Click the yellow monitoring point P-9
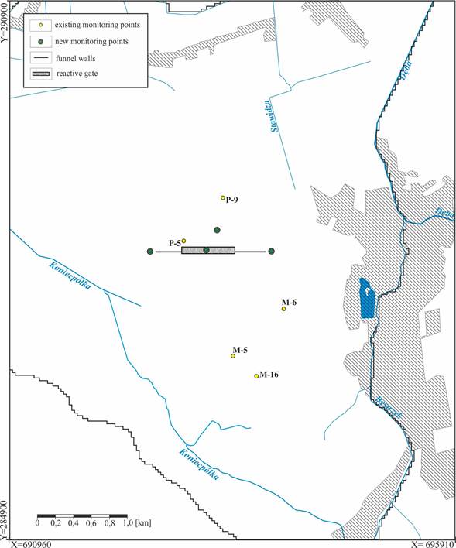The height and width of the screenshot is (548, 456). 223,198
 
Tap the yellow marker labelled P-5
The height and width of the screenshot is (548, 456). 183,241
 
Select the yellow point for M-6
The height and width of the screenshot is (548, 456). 283,309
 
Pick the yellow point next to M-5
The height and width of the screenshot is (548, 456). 233,356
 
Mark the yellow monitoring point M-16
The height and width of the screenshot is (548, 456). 256,376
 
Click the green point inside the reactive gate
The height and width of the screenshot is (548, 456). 206,250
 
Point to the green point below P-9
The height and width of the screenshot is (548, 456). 218,230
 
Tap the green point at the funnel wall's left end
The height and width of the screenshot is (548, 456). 150,251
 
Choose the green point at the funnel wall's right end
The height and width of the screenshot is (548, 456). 271,251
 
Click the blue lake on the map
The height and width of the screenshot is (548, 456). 367,299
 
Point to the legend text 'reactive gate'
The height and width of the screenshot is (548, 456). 88,74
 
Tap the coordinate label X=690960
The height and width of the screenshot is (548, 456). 30,543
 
